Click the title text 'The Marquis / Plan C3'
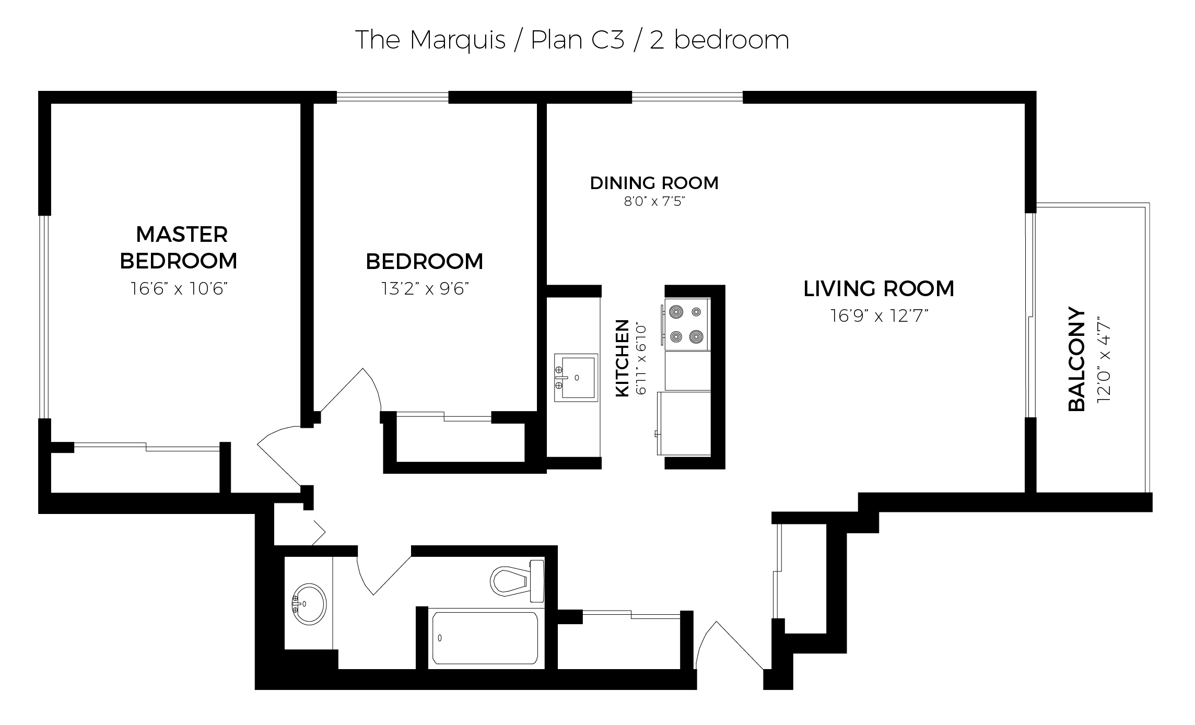pyautogui.click(x=490, y=40)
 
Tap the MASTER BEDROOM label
pyautogui.click(x=179, y=248)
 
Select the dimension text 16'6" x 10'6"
pyautogui.click(x=179, y=288)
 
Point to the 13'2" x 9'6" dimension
pyautogui.click(x=424, y=288)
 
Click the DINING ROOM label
pyautogui.click(x=654, y=183)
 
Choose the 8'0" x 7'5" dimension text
pyautogui.click(x=654, y=201)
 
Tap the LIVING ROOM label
pyautogui.click(x=878, y=288)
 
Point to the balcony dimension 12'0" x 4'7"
pyautogui.click(x=1104, y=359)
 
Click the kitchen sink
pyautogui.click(x=576, y=378)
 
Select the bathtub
pyautogui.click(x=485, y=638)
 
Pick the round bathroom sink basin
pyautogui.click(x=309, y=604)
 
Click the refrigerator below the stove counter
pyautogui.click(x=684, y=423)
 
